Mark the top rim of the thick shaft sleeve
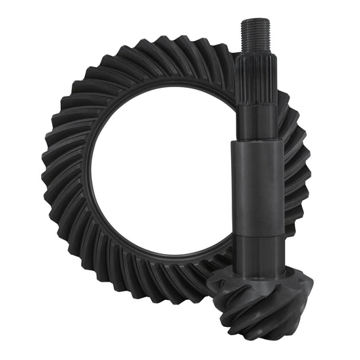(x=257, y=143)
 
